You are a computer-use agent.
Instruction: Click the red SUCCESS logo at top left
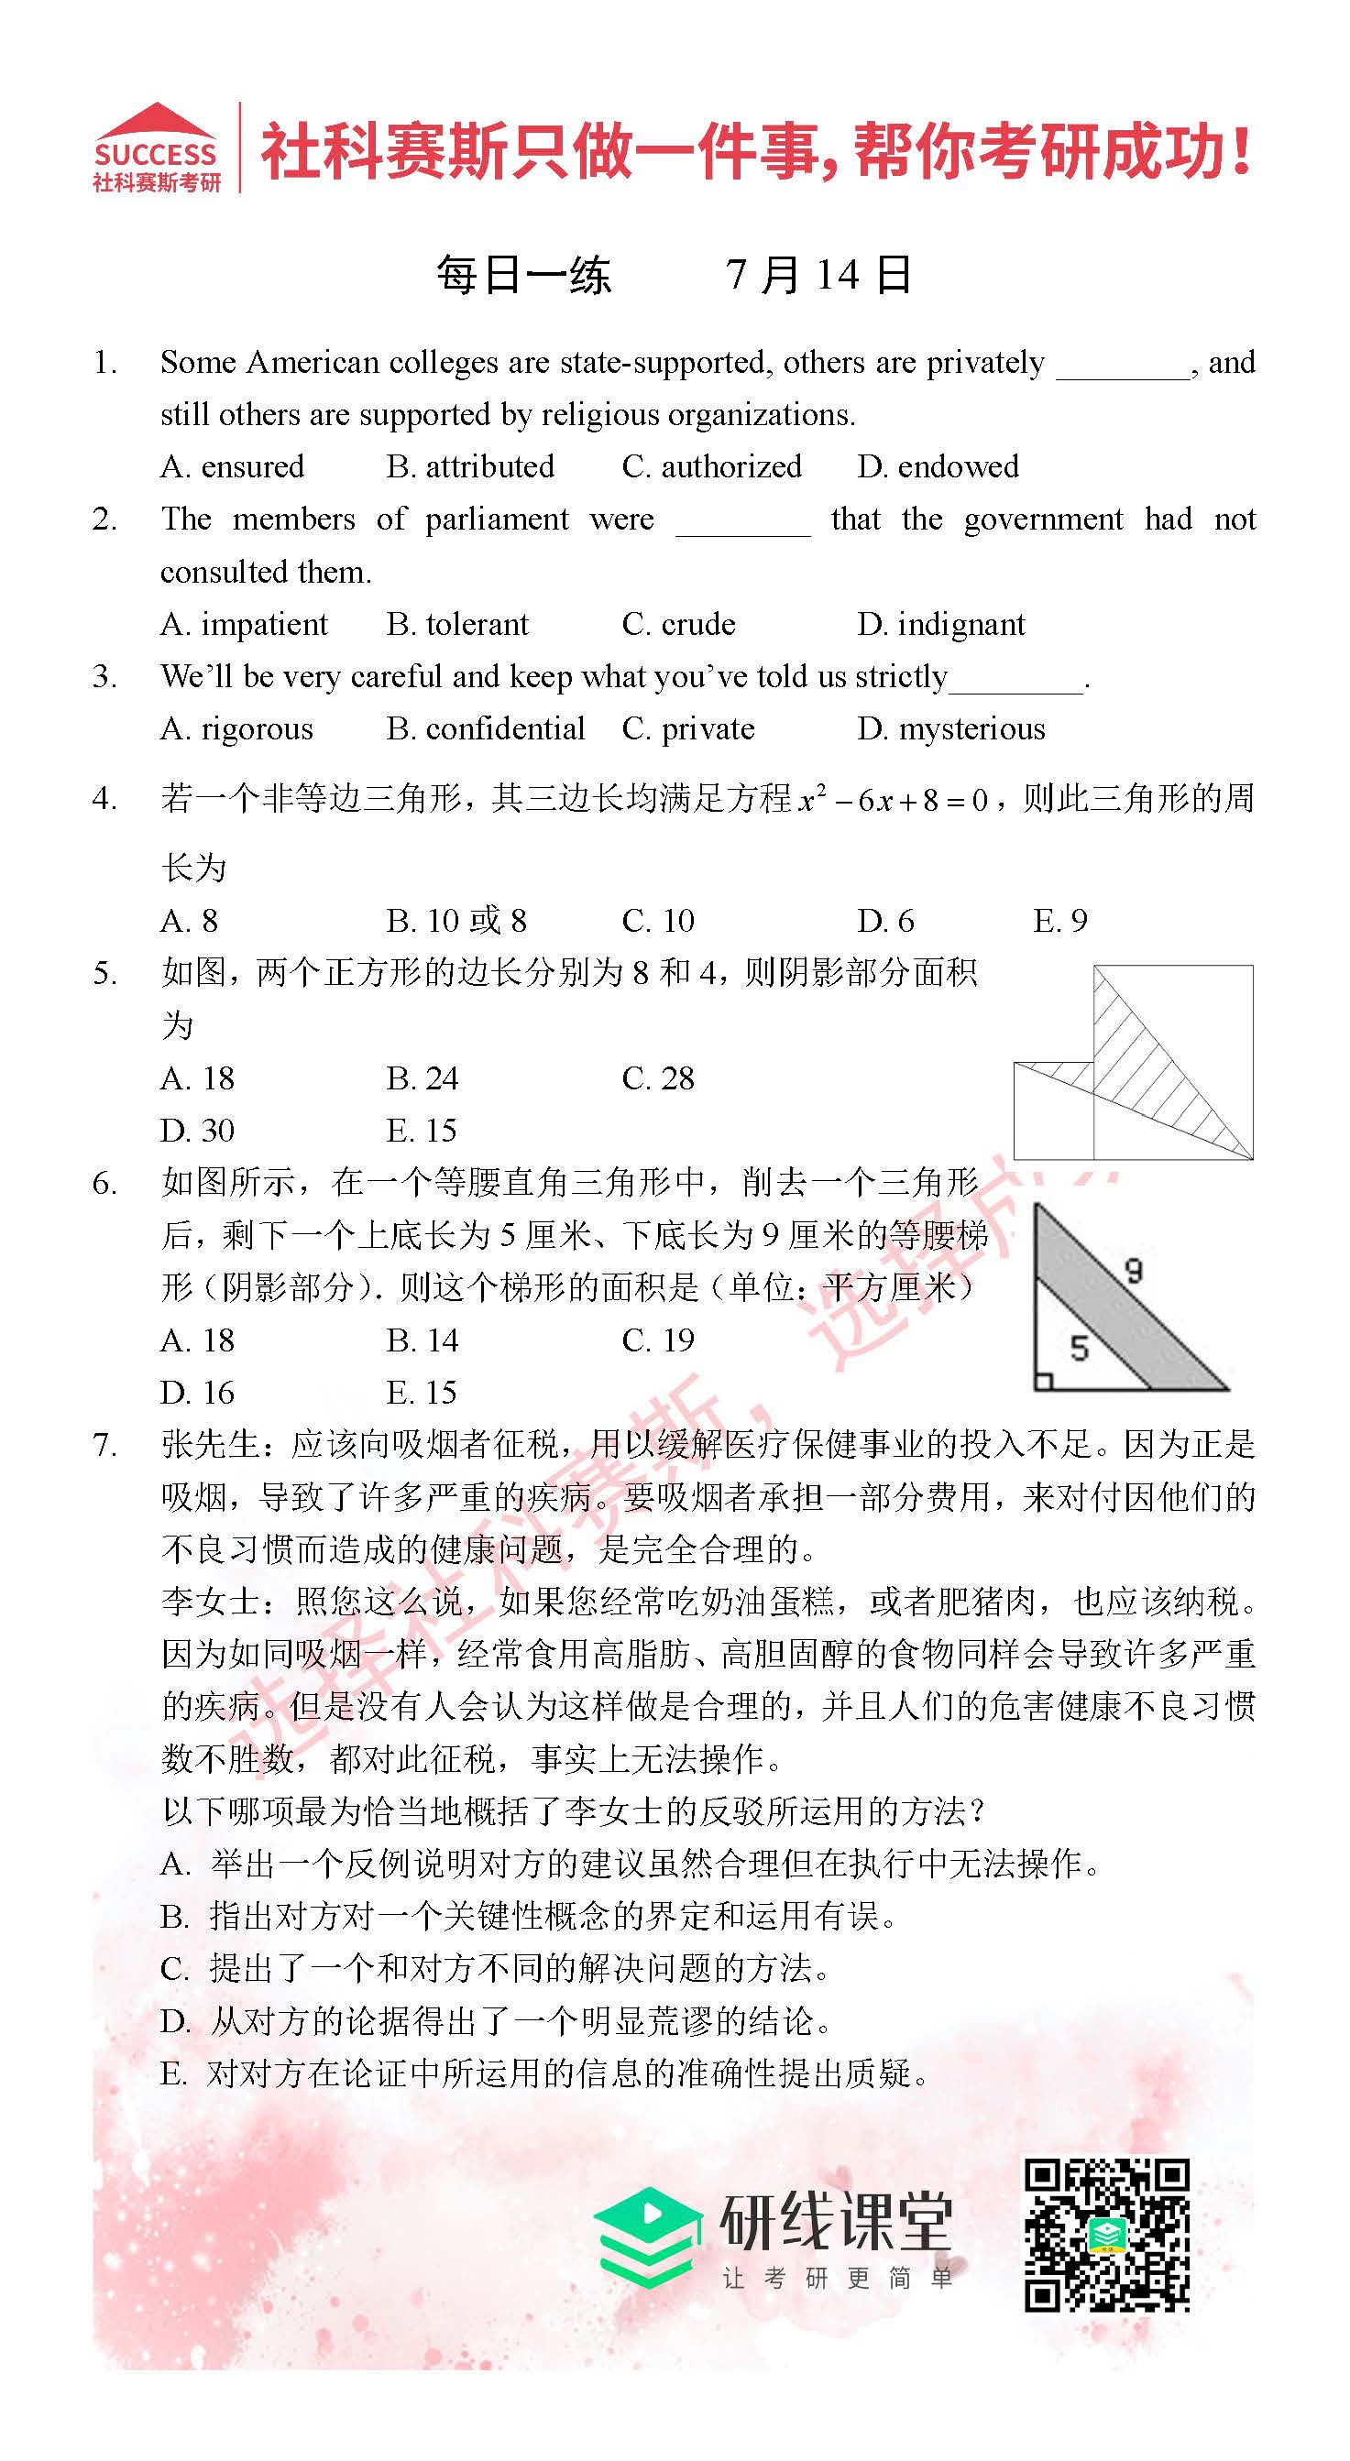(157, 148)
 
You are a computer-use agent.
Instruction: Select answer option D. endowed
(938, 466)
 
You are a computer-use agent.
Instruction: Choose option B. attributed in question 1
(470, 466)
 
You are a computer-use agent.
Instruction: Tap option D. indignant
(940, 624)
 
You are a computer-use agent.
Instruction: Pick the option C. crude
(678, 624)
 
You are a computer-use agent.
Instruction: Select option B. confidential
(486, 729)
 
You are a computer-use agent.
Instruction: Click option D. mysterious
(950, 729)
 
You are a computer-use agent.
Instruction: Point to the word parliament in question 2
(496, 520)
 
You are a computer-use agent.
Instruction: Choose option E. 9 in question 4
(1059, 921)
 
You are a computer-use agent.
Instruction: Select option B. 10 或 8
(455, 921)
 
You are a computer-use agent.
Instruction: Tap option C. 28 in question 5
(657, 1078)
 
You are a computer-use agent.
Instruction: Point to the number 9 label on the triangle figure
(1133, 1271)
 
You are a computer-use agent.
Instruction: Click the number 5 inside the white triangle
(1080, 1348)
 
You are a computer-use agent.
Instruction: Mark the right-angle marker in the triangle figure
(1044, 1381)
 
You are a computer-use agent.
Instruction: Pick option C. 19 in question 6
(657, 1340)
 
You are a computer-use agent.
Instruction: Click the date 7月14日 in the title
(818, 275)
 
